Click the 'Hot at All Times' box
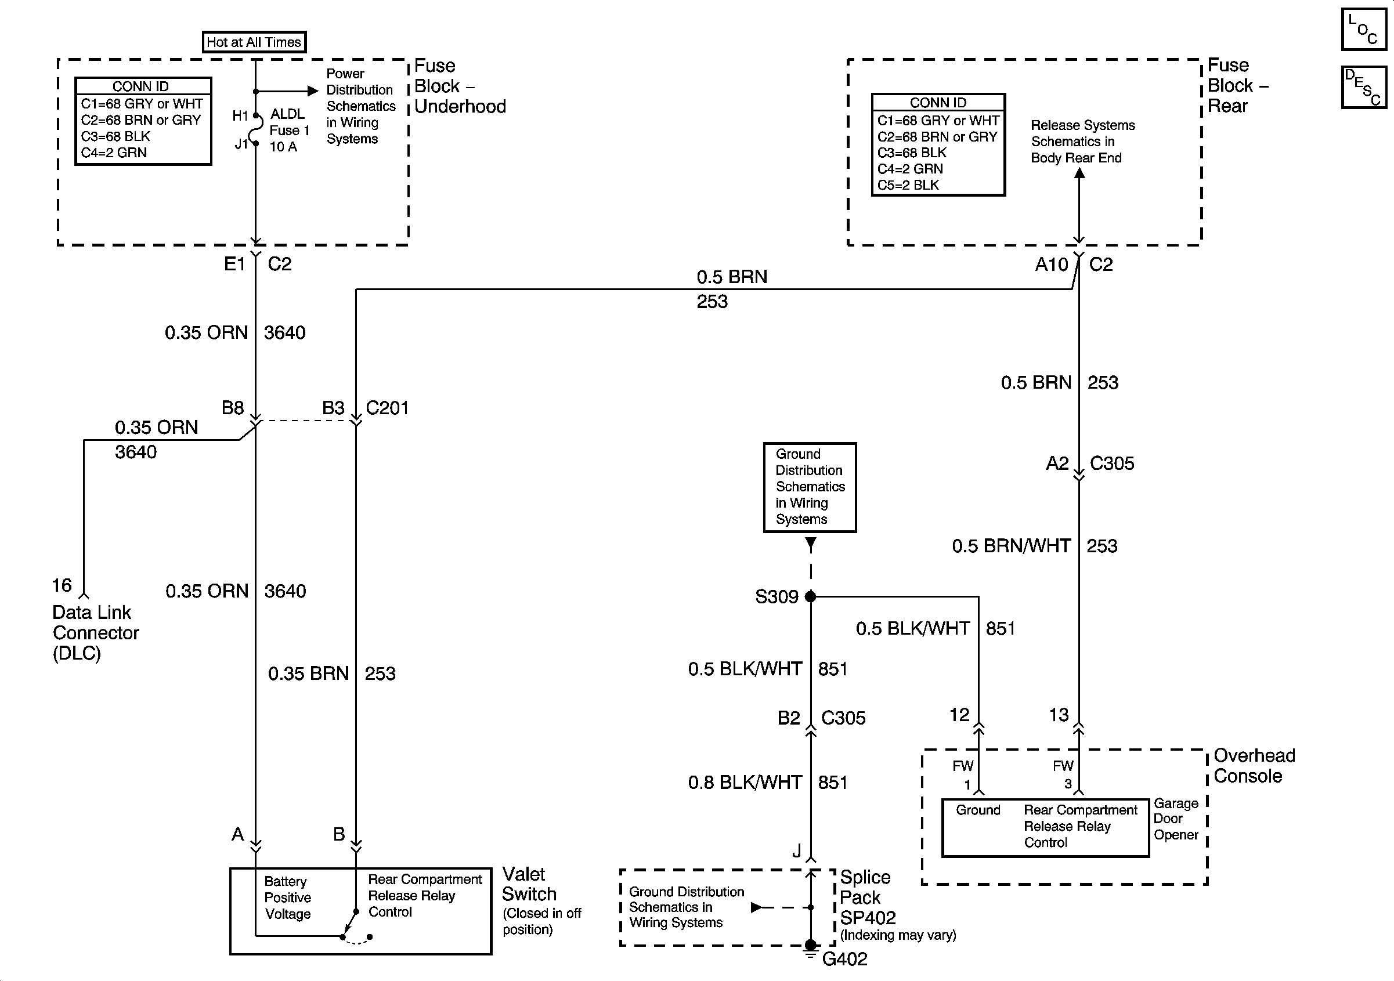coord(254,42)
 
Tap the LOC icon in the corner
coord(1363,29)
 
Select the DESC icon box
coord(1363,88)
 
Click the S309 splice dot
coord(811,597)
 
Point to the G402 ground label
coord(844,959)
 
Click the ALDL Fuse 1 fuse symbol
coord(255,129)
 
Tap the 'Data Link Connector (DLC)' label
coord(96,632)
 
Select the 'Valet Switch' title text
coord(529,884)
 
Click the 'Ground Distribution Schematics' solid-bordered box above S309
coord(810,487)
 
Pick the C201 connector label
coord(387,408)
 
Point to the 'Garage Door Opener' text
coord(1176,819)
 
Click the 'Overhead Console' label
coord(1254,766)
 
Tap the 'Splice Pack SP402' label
coord(868,897)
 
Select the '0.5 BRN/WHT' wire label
coord(1011,546)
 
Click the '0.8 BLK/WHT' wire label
coord(745,783)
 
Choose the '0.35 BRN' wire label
coord(308,673)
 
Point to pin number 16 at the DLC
coord(62,585)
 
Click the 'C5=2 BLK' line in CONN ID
coord(908,185)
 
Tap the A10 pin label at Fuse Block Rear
coord(1052,265)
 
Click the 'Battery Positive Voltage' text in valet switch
coord(288,897)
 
